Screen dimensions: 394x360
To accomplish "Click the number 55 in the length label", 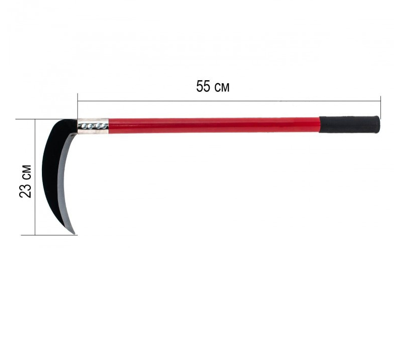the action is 203,86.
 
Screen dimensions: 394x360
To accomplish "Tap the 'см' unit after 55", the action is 222,88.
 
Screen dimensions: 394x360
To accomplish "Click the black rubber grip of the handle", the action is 350,125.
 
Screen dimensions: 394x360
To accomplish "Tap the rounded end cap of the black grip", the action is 378,125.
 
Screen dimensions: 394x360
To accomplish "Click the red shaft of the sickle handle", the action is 214,126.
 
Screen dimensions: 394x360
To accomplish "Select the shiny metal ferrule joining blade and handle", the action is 93,126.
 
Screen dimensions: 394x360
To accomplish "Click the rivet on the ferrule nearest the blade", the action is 85,127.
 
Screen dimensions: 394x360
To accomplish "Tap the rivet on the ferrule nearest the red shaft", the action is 103,126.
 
